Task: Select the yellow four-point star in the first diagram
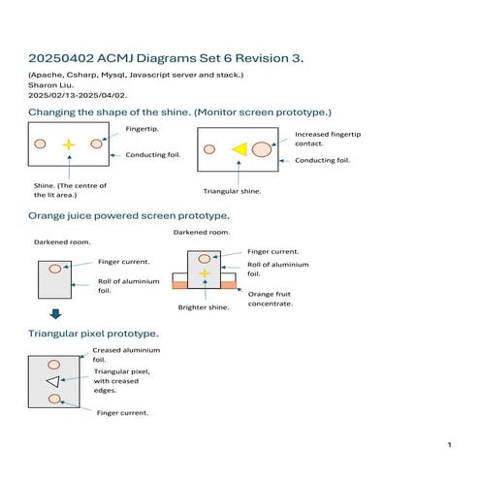tap(68, 144)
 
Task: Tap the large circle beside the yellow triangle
tap(262, 148)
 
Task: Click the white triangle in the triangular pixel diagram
tap(53, 381)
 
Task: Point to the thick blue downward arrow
tap(55, 313)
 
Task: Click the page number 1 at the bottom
tap(449, 444)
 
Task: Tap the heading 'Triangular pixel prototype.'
tap(94, 334)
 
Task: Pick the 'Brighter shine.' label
tap(203, 307)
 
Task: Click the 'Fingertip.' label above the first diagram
tap(144, 128)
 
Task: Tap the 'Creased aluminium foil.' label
tap(126, 355)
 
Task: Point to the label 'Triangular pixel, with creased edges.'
tap(121, 381)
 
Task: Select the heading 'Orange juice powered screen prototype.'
tap(128, 214)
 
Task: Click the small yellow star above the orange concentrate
tap(205, 274)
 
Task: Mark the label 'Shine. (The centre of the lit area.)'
tap(70, 190)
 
